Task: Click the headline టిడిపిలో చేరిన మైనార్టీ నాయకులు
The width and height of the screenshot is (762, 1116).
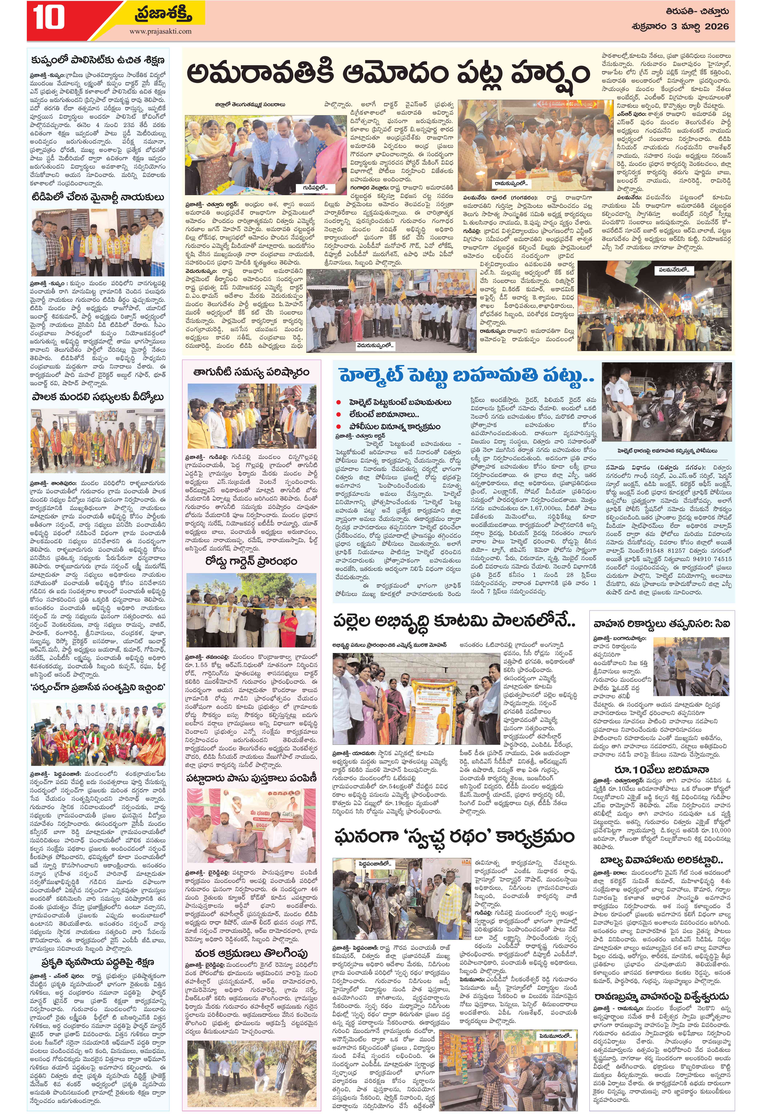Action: (98, 197)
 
